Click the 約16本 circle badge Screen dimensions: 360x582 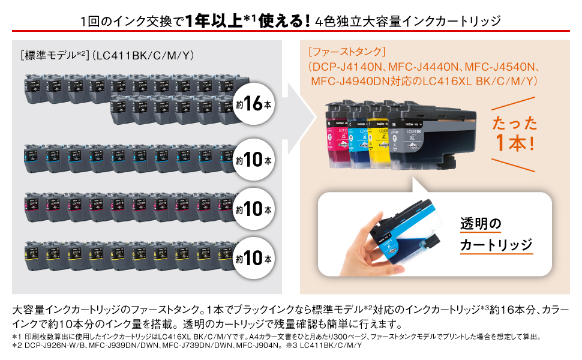[x=253, y=104]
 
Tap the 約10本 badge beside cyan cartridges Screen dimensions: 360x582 [x=253, y=160]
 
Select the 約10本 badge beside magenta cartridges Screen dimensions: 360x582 [x=253, y=210]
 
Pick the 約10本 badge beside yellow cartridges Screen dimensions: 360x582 [x=253, y=259]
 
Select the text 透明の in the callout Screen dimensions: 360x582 [x=480, y=224]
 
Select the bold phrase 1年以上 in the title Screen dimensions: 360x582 [x=214, y=22]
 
